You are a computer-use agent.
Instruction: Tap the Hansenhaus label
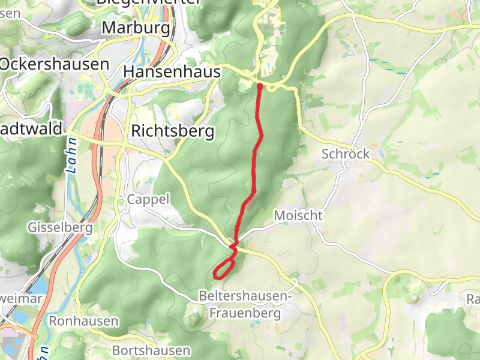point(172,72)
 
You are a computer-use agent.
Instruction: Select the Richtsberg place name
point(172,131)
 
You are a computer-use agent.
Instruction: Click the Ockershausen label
point(55,64)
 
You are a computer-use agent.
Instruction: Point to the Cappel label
point(148,199)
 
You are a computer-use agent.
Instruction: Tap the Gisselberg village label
point(60,227)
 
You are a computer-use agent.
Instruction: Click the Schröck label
point(345,154)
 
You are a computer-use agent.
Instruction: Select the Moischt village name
point(298,215)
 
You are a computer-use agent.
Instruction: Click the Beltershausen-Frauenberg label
point(245,305)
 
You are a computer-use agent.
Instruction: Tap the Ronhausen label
point(83,321)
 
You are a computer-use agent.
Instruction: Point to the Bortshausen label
point(151,350)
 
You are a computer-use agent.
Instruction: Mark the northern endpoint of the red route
point(259,86)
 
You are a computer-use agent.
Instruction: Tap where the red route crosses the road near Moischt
point(235,244)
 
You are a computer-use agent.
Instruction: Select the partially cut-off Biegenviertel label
point(148,2)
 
